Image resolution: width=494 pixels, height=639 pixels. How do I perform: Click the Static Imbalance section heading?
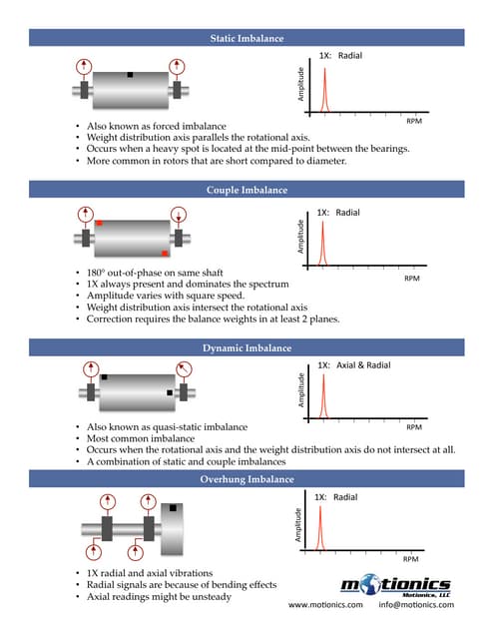pos(247,38)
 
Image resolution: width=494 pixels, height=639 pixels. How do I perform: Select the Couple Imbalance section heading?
pos(247,190)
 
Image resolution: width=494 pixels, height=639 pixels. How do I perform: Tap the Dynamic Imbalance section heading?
pos(247,347)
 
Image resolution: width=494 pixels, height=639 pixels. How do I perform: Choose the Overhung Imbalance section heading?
pos(247,480)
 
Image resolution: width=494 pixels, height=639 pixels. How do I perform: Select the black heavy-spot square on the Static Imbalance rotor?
pos(130,74)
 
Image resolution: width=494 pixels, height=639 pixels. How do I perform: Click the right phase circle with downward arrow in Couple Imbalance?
pos(179,213)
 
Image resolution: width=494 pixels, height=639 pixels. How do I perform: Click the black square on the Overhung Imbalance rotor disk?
pos(173,508)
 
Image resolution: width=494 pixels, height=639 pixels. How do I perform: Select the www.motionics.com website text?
pos(325,605)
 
